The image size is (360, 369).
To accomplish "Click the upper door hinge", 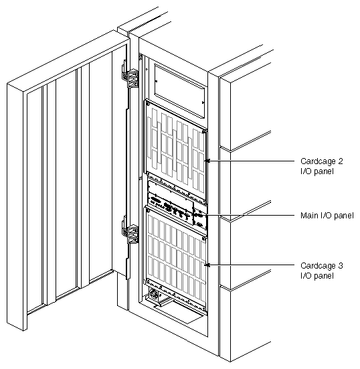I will point(132,78).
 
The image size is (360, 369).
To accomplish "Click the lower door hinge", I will point(131,234).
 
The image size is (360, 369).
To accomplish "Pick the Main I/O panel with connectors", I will point(175,208).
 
